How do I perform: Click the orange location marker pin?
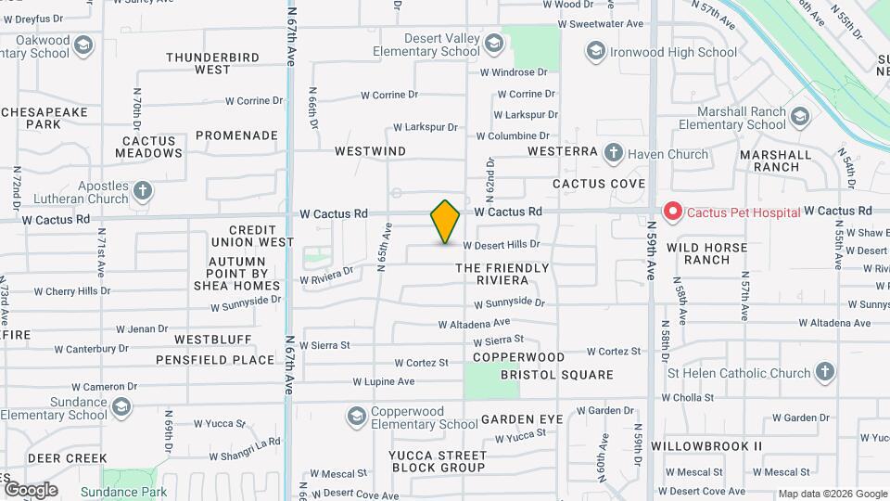pos(445,222)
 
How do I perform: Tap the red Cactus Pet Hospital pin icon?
pos(672,212)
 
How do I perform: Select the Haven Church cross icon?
pos(613,153)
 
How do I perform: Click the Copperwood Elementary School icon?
pos(356,417)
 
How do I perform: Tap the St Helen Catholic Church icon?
pos(824,373)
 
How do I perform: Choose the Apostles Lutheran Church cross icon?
pos(142,192)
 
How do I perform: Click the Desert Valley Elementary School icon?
pos(493,45)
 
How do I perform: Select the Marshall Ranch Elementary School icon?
pos(800,117)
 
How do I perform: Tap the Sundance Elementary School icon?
pos(121,408)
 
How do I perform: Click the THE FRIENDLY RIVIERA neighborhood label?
pos(502,274)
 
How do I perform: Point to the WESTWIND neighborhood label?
pos(370,150)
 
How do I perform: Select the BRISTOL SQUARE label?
pos(556,375)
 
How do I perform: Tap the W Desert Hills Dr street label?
pos(501,245)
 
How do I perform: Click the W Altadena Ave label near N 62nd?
pos(474,323)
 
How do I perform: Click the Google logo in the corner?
pos(31,490)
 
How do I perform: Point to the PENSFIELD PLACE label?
pos(215,360)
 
